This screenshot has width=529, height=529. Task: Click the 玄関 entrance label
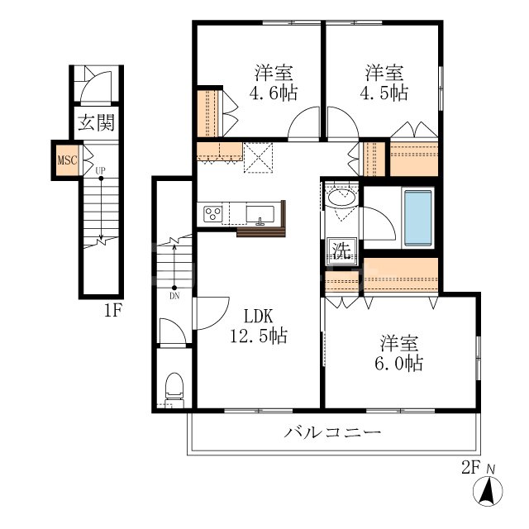(x=96, y=122)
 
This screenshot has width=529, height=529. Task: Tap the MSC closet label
(x=68, y=160)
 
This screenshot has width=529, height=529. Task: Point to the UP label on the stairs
(x=100, y=171)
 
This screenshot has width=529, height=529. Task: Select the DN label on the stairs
(x=174, y=296)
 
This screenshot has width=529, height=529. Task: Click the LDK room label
(x=259, y=317)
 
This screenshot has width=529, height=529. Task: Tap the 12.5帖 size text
(x=259, y=336)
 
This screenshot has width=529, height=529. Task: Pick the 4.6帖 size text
(x=274, y=93)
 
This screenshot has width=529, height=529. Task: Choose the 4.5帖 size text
(x=384, y=93)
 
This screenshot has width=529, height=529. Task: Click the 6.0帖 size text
(x=399, y=364)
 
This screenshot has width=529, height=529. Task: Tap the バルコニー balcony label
(x=332, y=432)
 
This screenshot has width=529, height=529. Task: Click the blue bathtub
(x=418, y=218)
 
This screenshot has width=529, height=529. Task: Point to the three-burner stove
(x=213, y=214)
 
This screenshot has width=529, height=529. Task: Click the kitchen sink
(x=260, y=215)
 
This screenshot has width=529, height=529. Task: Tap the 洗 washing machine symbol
(x=341, y=250)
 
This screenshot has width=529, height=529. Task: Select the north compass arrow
(x=488, y=490)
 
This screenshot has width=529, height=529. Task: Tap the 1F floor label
(x=112, y=311)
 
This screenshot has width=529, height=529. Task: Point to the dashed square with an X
(x=258, y=158)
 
